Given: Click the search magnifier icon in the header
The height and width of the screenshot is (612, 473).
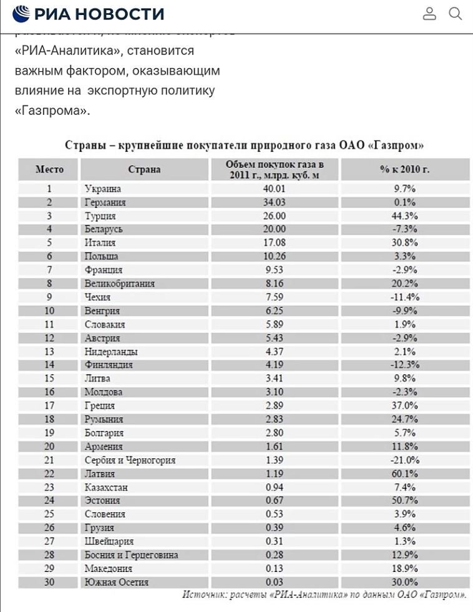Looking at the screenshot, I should click(456, 13).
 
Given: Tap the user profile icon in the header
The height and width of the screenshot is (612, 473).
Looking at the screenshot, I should click(429, 13).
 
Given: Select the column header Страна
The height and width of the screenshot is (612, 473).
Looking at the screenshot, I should click(144, 169).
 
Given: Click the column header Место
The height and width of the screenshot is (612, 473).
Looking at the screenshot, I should click(49, 169).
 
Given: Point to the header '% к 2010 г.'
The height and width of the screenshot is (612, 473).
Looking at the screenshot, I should click(404, 169).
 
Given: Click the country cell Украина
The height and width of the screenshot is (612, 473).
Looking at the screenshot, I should click(102, 189).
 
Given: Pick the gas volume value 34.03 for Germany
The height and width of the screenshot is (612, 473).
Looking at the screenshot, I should click(275, 202).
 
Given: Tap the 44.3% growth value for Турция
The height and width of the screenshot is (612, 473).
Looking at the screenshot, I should click(404, 216).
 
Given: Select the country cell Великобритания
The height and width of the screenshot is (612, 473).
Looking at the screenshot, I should click(119, 284).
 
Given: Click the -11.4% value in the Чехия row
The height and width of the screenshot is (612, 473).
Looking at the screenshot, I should click(404, 297).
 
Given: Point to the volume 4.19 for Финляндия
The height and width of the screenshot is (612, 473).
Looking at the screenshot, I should click(275, 365).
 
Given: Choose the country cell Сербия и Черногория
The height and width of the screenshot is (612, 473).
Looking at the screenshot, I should click(130, 460).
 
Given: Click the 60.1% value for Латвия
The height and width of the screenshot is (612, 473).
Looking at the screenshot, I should click(404, 473).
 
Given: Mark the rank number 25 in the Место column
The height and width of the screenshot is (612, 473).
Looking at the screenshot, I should click(49, 514).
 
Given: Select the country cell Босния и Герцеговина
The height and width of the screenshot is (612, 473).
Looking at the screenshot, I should click(131, 555).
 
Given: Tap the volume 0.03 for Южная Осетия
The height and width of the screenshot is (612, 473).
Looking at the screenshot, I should click(275, 582).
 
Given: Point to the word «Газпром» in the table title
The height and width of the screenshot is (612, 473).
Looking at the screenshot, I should click(396, 146).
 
